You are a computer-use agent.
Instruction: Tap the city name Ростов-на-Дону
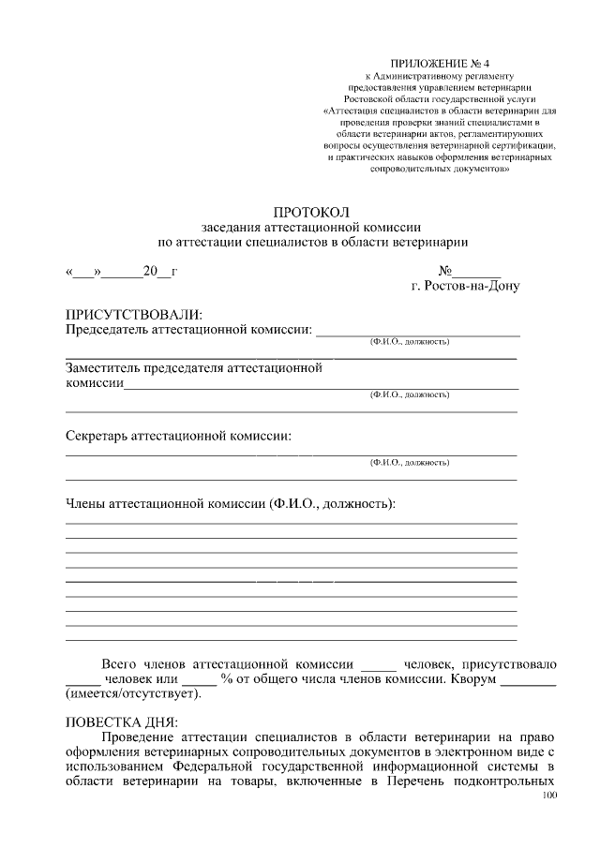pos(465,286)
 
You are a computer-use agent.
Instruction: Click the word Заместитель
pos(106,368)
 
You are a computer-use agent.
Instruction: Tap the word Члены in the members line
pos(85,503)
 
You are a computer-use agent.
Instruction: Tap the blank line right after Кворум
pos(529,680)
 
